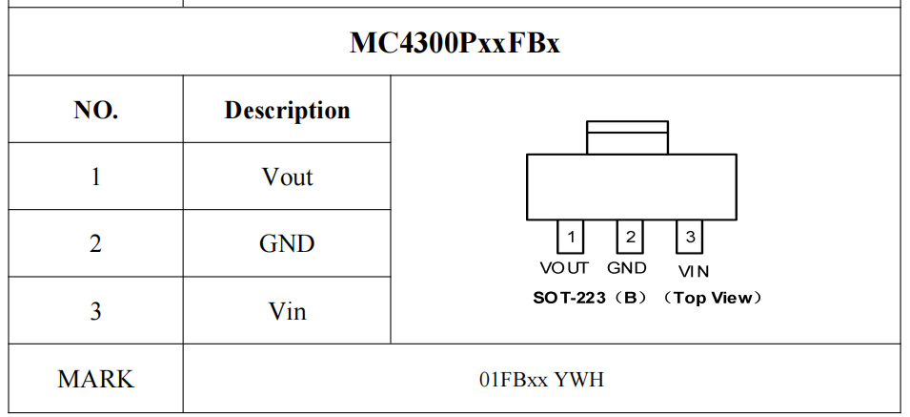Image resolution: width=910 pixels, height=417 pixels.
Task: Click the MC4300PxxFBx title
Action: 455,42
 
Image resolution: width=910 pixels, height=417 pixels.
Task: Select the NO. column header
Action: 96,110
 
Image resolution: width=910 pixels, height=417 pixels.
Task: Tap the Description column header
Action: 287,111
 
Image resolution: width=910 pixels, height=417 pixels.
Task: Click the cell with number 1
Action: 95,177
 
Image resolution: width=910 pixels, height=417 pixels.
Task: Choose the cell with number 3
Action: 95,311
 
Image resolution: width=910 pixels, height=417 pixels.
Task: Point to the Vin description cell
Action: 287,311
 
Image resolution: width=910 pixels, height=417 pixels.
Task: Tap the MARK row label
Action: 95,379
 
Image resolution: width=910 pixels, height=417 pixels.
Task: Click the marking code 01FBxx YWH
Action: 541,380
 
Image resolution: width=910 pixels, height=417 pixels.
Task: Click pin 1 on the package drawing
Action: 570,237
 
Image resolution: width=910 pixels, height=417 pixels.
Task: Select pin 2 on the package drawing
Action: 630,237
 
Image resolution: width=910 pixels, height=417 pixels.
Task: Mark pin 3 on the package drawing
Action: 690,237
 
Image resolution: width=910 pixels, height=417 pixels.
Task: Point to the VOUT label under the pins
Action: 564,268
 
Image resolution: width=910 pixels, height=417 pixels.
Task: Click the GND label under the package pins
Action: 627,268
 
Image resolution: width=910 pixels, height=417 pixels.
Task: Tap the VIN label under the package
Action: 694,271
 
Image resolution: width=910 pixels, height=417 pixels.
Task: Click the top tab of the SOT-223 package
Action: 627,137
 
